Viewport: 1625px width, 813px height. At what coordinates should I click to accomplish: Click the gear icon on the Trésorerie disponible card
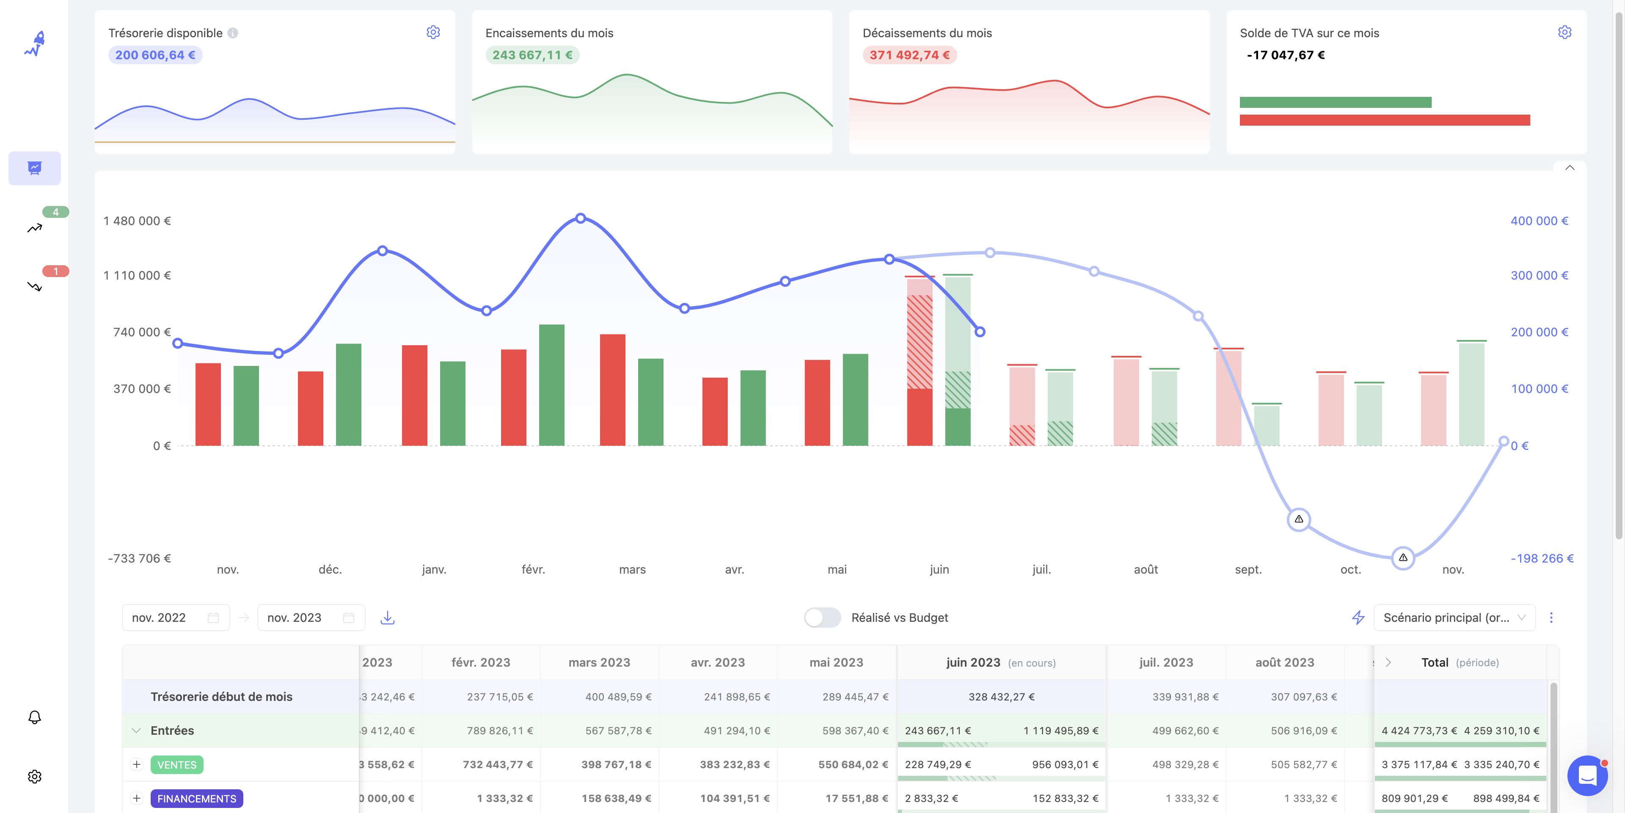(433, 32)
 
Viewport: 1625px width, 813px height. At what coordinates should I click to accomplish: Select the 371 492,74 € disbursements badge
(909, 55)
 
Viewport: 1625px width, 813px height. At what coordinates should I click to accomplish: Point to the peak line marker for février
(580, 218)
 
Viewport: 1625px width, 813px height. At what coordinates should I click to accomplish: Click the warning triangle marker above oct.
(1298, 519)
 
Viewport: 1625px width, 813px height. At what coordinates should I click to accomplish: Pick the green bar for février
(551, 385)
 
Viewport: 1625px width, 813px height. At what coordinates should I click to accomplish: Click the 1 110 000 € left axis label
(137, 275)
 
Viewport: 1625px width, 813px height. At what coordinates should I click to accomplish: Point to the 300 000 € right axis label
(1539, 275)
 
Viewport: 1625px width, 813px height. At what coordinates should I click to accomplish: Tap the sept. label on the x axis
(1248, 569)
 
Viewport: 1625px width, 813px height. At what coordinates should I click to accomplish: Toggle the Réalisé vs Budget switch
(822, 618)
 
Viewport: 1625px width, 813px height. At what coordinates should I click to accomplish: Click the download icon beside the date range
(387, 618)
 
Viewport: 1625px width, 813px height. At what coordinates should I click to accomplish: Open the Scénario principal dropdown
(1454, 618)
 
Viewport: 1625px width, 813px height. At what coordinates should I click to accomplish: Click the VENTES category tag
(176, 764)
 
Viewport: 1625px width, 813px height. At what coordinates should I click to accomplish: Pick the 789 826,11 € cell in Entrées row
(500, 731)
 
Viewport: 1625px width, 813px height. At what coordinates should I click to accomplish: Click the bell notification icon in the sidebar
(35, 717)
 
